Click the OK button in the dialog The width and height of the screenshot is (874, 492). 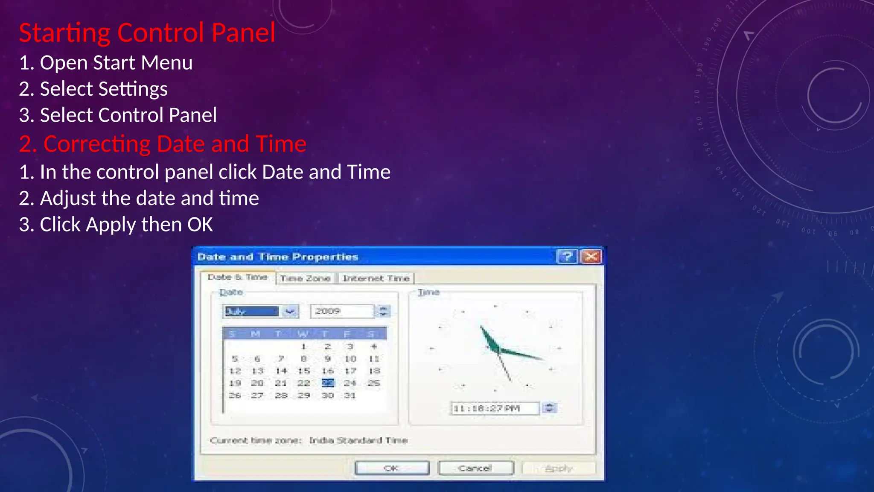coord(392,468)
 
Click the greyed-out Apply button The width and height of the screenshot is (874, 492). coord(559,469)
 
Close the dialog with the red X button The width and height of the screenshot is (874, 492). coord(591,257)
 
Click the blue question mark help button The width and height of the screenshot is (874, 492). coord(567,257)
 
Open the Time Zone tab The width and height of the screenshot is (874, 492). coord(306,278)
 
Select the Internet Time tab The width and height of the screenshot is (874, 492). coord(376,278)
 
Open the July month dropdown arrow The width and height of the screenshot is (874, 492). coord(290,311)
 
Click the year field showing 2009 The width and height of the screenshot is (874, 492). coord(341,311)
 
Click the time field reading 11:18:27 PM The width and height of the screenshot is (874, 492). coord(494,408)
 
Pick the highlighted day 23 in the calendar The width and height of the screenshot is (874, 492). coord(328,383)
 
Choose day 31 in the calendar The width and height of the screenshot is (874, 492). coord(350,395)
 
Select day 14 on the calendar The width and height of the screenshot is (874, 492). coord(281,371)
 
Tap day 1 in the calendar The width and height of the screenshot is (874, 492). coord(304,346)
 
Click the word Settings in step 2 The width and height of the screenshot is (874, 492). coord(133,89)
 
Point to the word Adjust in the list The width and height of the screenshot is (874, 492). coord(68,199)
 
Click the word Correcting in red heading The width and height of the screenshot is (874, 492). coord(96,144)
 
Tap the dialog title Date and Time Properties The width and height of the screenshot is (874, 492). coord(278,257)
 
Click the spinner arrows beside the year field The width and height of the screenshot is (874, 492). coord(383,311)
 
